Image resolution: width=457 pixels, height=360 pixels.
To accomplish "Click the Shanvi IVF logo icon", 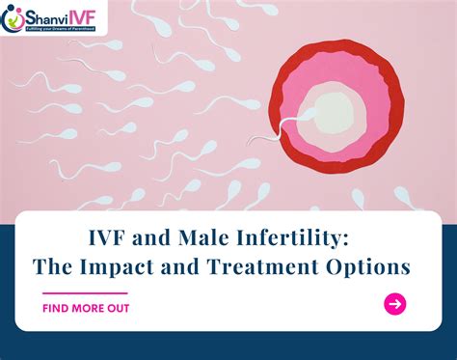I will (x=14, y=16).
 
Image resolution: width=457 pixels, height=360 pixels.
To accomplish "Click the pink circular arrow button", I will (x=394, y=304).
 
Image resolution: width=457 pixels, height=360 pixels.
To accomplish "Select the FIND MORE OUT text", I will (x=86, y=308).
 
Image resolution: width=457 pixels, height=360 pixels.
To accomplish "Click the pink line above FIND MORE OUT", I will (x=85, y=292).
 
